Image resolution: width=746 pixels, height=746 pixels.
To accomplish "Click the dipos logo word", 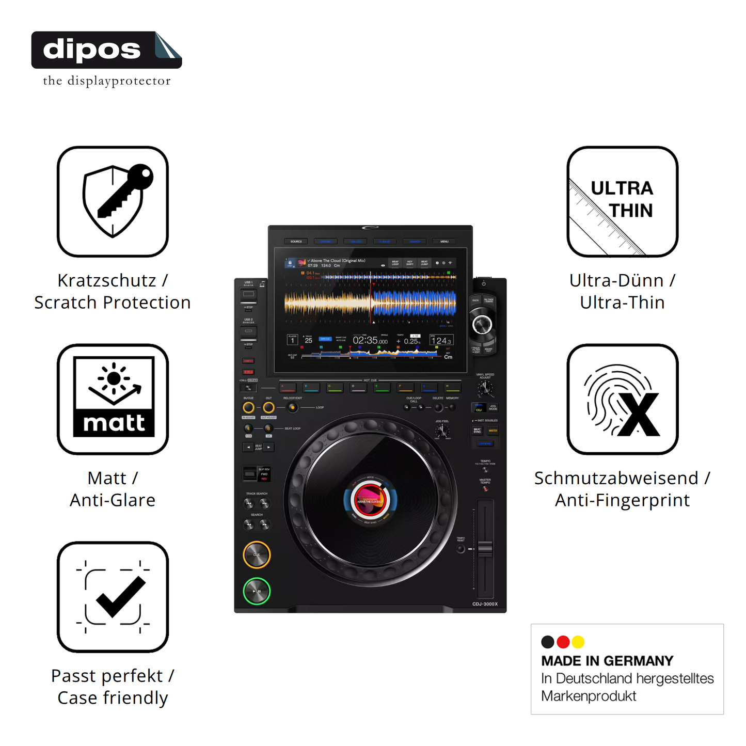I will [92, 50].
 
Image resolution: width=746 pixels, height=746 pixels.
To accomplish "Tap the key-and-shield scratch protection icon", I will [113, 201].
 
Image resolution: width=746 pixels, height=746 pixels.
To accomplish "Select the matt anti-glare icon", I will [113, 399].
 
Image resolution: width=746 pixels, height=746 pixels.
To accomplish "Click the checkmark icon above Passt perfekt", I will [113, 597].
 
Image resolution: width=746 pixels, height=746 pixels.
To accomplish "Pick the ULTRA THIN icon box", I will [622, 201].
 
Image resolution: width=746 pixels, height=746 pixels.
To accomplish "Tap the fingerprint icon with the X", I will [622, 399].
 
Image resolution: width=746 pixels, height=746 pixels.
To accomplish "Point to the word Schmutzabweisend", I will [616, 478].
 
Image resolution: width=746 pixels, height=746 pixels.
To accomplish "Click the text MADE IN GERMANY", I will [607, 661].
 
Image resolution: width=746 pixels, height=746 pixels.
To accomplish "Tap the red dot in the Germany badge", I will [563, 642].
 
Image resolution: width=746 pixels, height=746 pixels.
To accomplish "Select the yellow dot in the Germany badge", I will [578, 642].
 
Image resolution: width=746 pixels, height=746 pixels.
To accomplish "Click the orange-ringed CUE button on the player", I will [257, 555].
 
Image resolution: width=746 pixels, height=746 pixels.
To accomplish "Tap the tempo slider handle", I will [485, 548].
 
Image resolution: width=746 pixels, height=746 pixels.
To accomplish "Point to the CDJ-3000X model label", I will [485, 604].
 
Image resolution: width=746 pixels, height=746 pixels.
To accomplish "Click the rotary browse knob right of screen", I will [482, 325].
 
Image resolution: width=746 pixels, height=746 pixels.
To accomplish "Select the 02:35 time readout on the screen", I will [370, 340].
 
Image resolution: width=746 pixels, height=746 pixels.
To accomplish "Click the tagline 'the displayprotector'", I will [107, 81].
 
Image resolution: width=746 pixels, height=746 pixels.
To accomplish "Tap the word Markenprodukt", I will [589, 696].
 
